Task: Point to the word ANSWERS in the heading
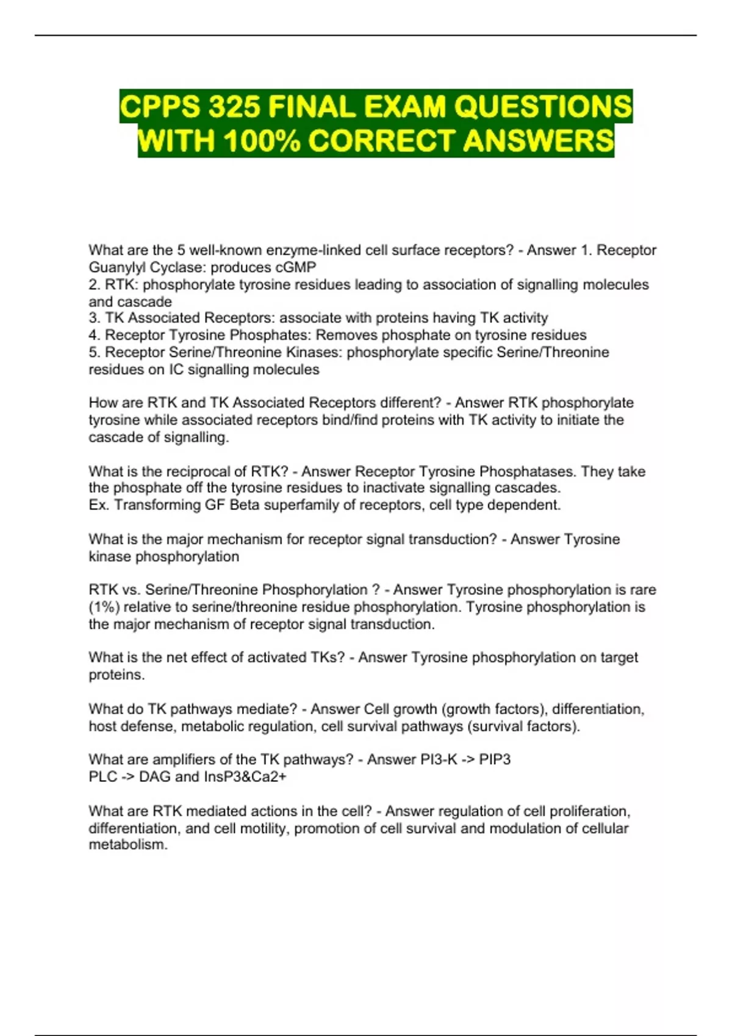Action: (539, 141)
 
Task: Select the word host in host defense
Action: (101, 726)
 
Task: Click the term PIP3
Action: (495, 760)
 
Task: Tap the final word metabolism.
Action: (127, 845)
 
